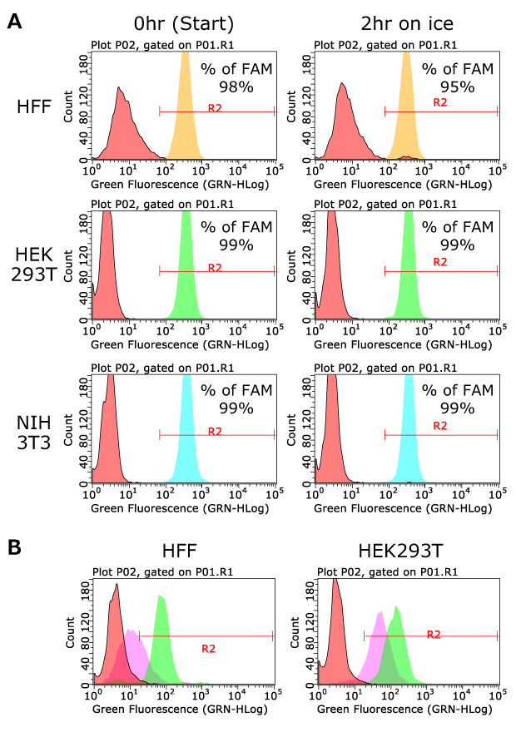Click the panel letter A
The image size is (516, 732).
pyautogui.click(x=14, y=22)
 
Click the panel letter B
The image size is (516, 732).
pyautogui.click(x=14, y=550)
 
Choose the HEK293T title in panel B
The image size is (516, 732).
pyautogui.click(x=405, y=553)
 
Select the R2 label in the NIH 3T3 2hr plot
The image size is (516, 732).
pyautogui.click(x=440, y=426)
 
